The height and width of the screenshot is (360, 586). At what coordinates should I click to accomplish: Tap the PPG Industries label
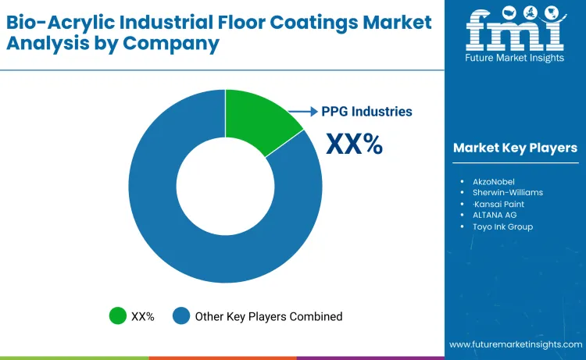(x=366, y=112)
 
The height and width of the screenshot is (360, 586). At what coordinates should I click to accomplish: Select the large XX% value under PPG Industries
(x=354, y=144)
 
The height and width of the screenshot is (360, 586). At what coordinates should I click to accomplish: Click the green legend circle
(x=117, y=316)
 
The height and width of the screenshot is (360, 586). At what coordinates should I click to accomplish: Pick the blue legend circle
(x=181, y=316)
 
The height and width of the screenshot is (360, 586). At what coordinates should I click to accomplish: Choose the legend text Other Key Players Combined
(x=268, y=316)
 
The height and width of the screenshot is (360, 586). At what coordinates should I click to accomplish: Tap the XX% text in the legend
(x=142, y=316)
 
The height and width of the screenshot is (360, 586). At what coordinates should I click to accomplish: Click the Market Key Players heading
(x=515, y=148)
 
